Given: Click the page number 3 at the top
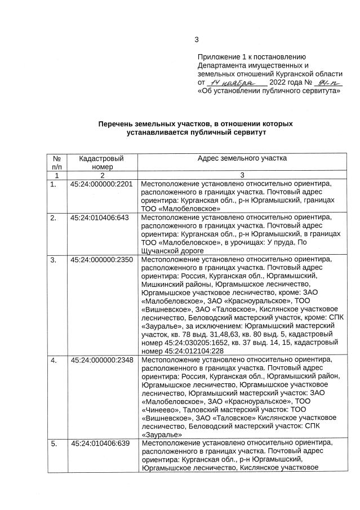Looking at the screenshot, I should pos(197,39).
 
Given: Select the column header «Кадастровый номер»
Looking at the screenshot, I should pos(101,162).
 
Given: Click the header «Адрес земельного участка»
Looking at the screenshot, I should pos(242,158).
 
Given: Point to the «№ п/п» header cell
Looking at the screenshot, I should pos(56,162).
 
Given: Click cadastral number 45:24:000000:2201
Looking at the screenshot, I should pos(101,184).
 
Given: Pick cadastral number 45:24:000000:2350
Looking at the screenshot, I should pos(101,260).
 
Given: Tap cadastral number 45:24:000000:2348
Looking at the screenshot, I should pos(101,360).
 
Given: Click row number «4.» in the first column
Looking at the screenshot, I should pos(54,360).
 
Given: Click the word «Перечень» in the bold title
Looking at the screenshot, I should pos(117,123).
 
